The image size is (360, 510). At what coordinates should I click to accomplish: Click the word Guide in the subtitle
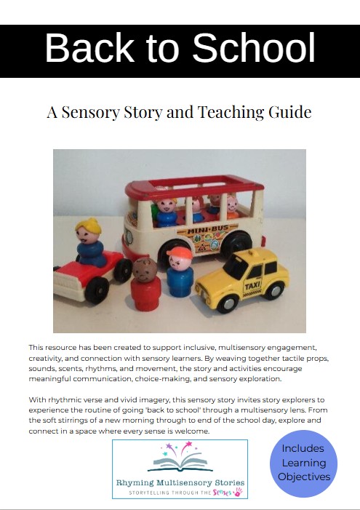[290, 112]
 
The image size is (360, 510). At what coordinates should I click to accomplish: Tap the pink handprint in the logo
[236, 493]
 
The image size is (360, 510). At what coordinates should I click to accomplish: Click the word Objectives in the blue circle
[304, 477]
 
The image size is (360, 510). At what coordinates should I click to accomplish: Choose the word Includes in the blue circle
[303, 448]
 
